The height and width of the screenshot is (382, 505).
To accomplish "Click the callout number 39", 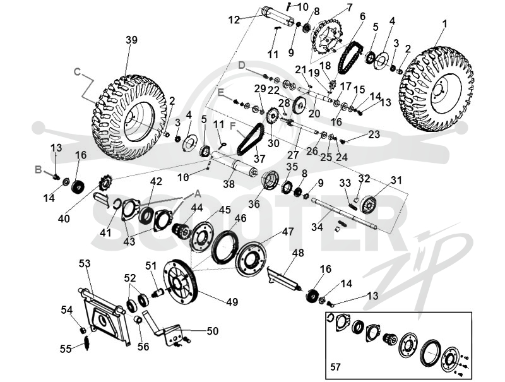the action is click(131, 40).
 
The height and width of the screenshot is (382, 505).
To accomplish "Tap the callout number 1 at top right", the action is click(445, 23).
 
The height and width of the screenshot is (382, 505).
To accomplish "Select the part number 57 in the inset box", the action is click(335, 367).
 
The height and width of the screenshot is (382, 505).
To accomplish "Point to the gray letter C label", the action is click(77, 71).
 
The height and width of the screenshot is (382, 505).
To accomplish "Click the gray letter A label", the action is click(197, 194).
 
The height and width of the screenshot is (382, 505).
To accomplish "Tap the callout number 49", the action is click(232, 302).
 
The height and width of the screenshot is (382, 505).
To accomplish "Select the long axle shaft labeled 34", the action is click(344, 214).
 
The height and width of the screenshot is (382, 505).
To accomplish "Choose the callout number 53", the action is click(85, 264).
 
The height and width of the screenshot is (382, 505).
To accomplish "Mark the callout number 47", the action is click(288, 232).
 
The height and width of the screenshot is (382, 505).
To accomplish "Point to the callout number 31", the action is click(396, 180).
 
